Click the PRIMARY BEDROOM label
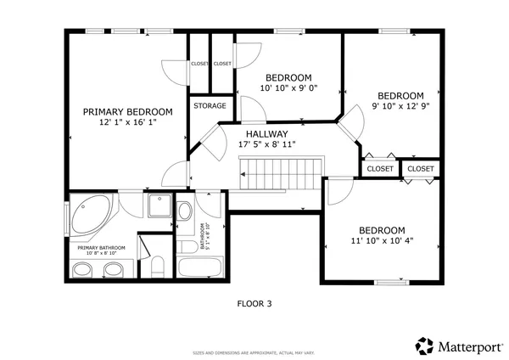[x=127, y=111]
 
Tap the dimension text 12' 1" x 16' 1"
[x=127, y=122]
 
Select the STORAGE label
[x=210, y=106]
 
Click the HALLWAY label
[x=267, y=134]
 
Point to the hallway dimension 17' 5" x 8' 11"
[x=267, y=145]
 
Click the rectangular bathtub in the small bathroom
[x=199, y=269]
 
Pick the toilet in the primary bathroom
[x=154, y=267]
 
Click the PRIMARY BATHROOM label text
[x=102, y=248]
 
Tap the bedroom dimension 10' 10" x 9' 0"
[x=288, y=87]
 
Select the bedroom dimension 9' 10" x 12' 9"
[x=400, y=107]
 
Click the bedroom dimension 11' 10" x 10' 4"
[x=381, y=242]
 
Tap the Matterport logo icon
[x=423, y=345]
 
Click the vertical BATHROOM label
[x=203, y=235]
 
